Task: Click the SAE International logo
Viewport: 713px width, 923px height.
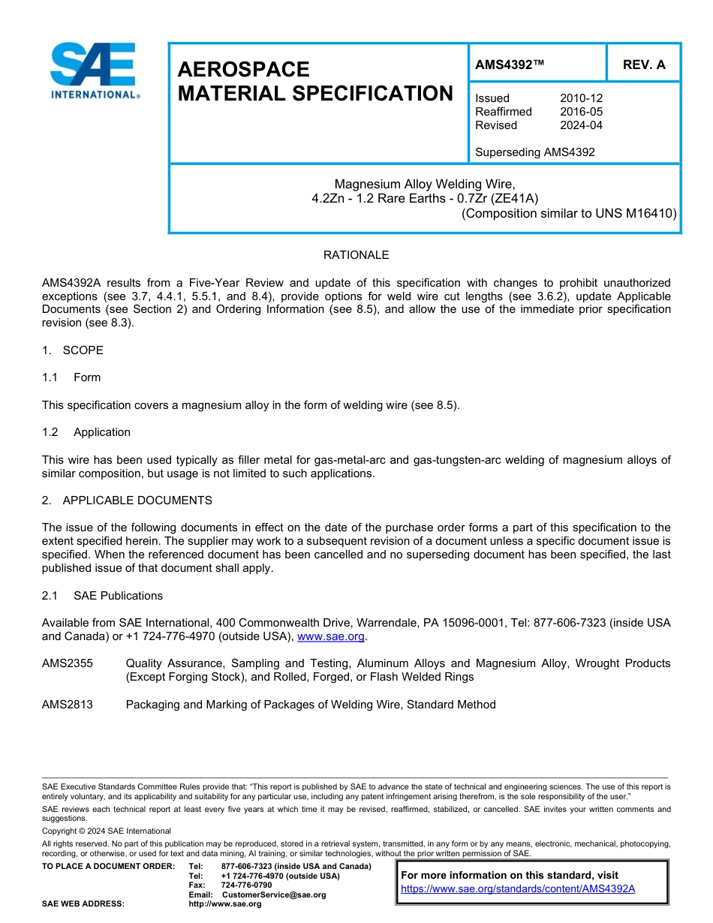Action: tap(93, 71)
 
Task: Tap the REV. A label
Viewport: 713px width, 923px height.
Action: tap(644, 65)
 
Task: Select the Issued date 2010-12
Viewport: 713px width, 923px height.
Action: tap(581, 98)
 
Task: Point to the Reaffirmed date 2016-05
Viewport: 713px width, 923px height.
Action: tap(581, 112)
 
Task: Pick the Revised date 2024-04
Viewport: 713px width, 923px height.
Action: tap(581, 125)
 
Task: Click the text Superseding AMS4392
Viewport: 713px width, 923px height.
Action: tap(534, 152)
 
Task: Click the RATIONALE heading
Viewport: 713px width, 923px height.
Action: tap(356, 255)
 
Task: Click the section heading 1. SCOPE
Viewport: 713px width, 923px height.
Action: tap(73, 350)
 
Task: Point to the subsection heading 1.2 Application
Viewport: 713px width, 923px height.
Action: tap(86, 432)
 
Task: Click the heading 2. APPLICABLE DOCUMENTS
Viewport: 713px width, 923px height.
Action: tap(127, 501)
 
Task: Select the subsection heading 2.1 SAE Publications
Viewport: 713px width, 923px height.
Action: tap(102, 596)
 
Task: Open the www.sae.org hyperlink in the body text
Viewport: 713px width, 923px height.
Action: tap(331, 636)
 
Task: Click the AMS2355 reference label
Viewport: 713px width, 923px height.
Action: tap(68, 663)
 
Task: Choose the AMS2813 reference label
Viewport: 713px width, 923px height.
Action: tap(68, 705)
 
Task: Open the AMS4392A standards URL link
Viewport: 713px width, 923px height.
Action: tap(518, 888)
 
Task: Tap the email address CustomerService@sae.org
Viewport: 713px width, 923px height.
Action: tap(274, 894)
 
